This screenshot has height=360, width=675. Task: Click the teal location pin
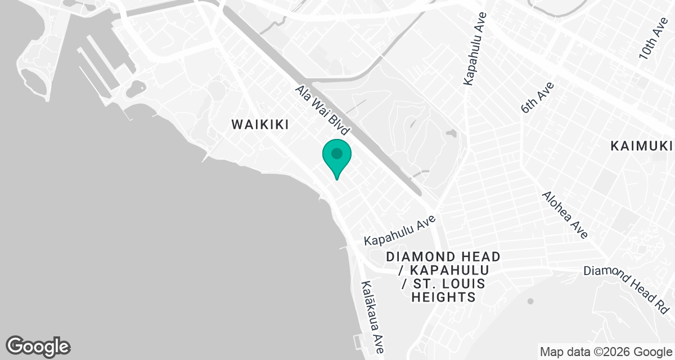coord(336,157)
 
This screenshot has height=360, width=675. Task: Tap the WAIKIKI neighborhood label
coord(260,125)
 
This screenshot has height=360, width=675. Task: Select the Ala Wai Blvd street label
coord(323,110)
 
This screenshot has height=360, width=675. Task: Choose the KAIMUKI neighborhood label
coord(642,146)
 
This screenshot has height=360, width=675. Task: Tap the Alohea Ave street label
coord(565,214)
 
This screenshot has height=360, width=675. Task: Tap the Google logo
coord(38,346)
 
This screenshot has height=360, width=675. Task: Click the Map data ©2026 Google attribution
coord(606,352)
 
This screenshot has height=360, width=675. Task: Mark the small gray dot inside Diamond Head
coord(530,301)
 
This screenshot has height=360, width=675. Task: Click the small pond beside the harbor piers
coord(136,88)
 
